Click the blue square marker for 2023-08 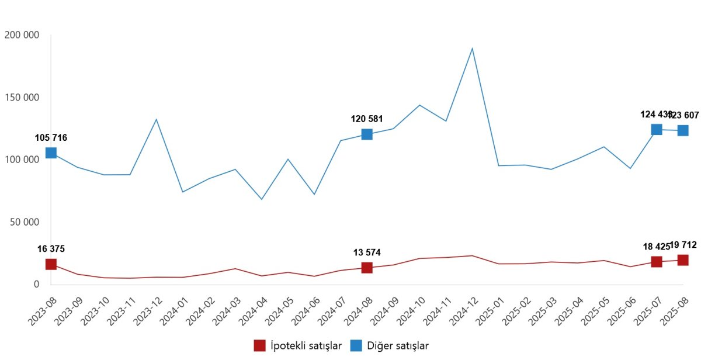(51, 153)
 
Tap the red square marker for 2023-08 (51, 264)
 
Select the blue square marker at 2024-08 (367, 134)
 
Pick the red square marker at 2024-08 (367, 268)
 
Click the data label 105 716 (51, 138)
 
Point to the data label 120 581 (367, 119)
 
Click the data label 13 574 (367, 252)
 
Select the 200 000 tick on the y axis (22, 35)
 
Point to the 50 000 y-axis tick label (24, 222)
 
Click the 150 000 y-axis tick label (22, 97)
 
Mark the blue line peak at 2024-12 (472, 49)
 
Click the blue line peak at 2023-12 (156, 119)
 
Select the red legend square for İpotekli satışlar (259, 345)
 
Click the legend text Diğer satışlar (398, 345)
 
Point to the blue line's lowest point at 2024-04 (261, 199)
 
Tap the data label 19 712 (683, 245)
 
